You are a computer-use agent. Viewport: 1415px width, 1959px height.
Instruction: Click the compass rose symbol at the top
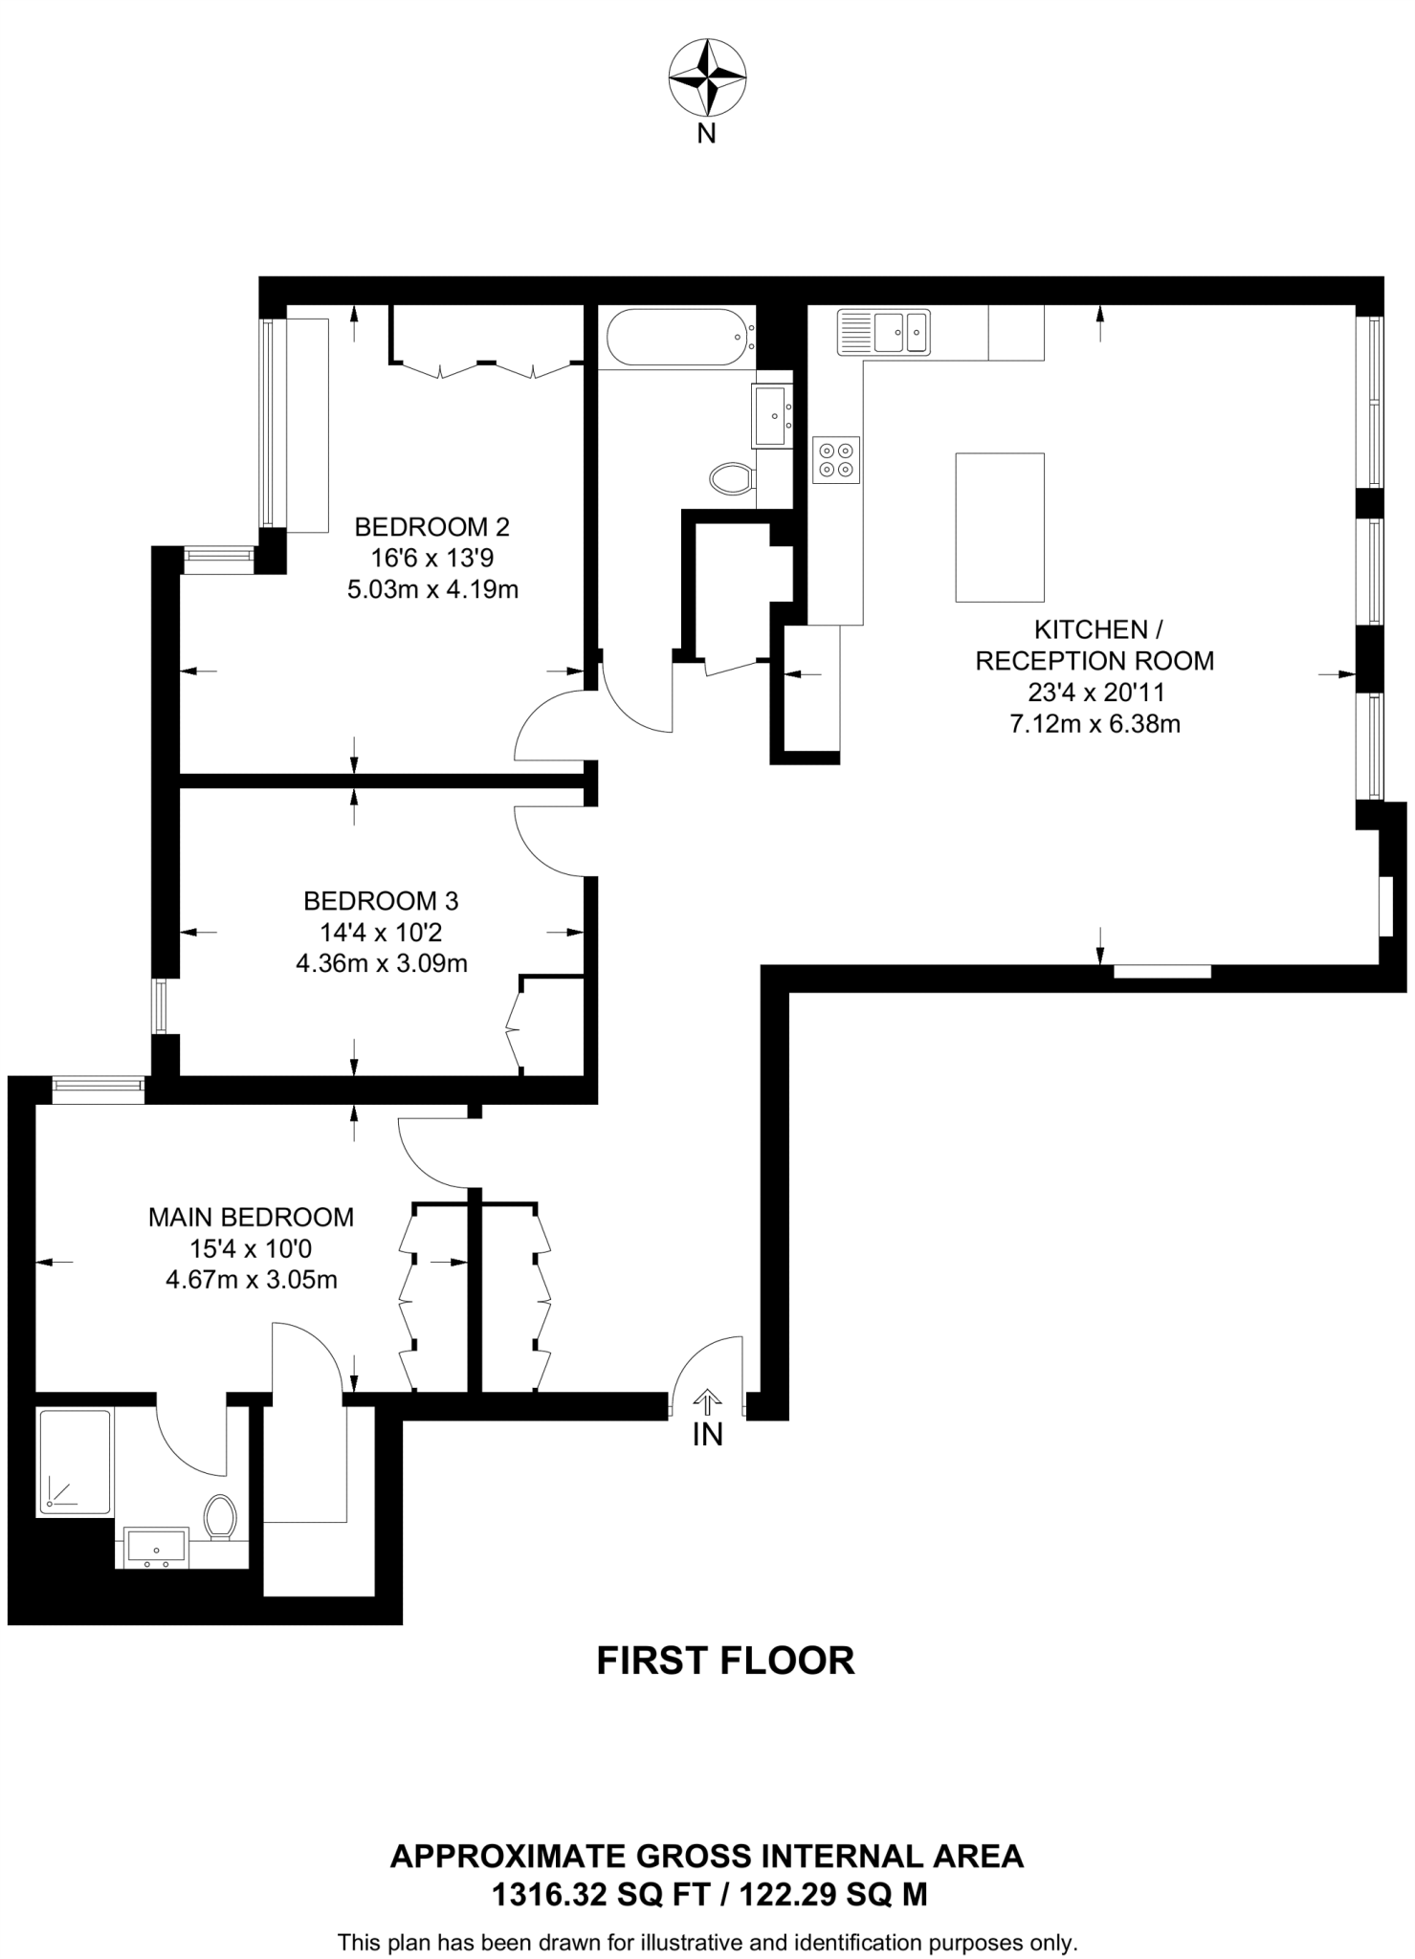pyautogui.click(x=707, y=77)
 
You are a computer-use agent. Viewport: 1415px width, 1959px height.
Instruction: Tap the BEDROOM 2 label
pyautogui.click(x=431, y=526)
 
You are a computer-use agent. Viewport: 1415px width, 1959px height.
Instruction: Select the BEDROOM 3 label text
pyautogui.click(x=381, y=900)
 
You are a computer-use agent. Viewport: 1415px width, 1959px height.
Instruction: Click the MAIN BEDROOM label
pyautogui.click(x=251, y=1217)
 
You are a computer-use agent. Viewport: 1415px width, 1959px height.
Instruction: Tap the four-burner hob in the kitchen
pyautogui.click(x=836, y=460)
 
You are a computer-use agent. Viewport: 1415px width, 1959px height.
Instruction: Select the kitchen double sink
pyautogui.click(x=884, y=332)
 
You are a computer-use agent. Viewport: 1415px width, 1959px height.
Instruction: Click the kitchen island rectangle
pyautogui.click(x=999, y=527)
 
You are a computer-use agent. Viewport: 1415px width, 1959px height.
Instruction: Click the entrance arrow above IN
pyautogui.click(x=707, y=1402)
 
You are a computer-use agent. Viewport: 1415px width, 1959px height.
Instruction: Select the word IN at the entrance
pyautogui.click(x=707, y=1435)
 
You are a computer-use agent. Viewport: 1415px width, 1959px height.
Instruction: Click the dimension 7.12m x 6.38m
pyautogui.click(x=1094, y=724)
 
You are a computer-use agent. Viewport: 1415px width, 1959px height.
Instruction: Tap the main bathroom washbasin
pyautogui.click(x=772, y=415)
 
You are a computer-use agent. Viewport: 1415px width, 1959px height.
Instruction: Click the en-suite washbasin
pyautogui.click(x=155, y=1548)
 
